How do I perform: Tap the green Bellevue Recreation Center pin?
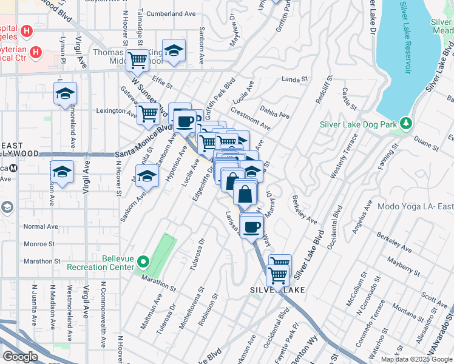[143, 263]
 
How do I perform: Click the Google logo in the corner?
[21, 357]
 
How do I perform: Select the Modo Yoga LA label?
[415, 206]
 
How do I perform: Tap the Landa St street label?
[296, 79]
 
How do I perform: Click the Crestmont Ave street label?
[250, 119]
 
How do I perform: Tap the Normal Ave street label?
[40, 226]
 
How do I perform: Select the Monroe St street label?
[39, 244]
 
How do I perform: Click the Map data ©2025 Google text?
[416, 359]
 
